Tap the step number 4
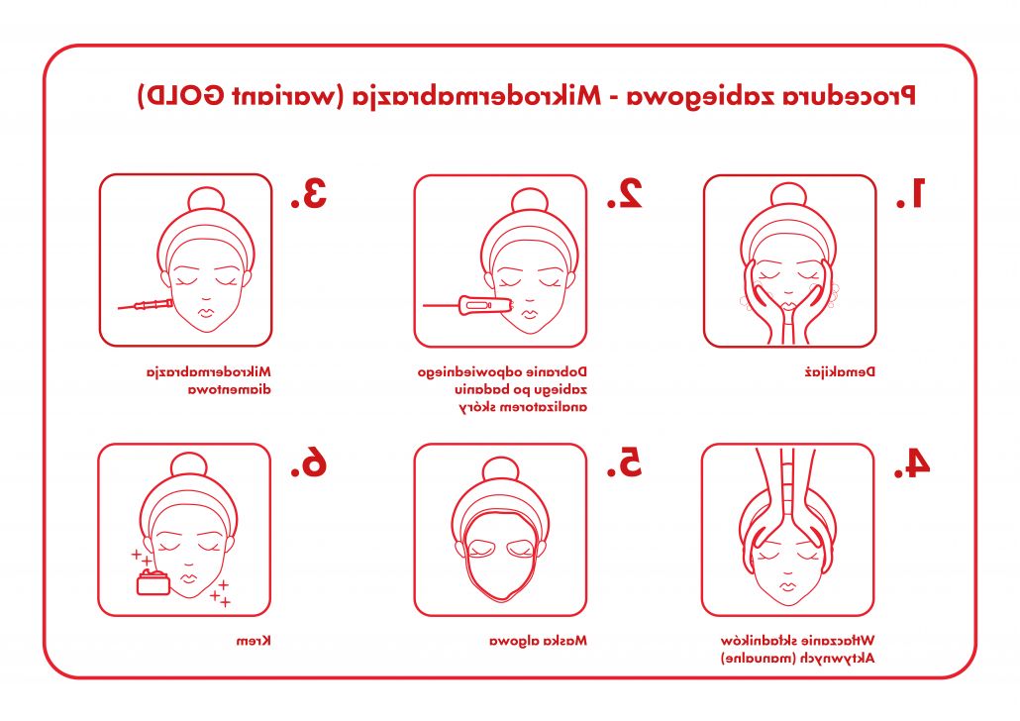tap(911, 463)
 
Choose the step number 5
tap(625, 463)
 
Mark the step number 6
tap(308, 463)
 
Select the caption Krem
tap(254, 641)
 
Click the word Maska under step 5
tap(568, 641)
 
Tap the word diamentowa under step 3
tap(230, 390)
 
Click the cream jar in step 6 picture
tap(153, 582)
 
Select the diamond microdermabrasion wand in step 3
tap(146, 304)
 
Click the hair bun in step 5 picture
tap(500, 470)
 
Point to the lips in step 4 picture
tap(787, 587)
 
